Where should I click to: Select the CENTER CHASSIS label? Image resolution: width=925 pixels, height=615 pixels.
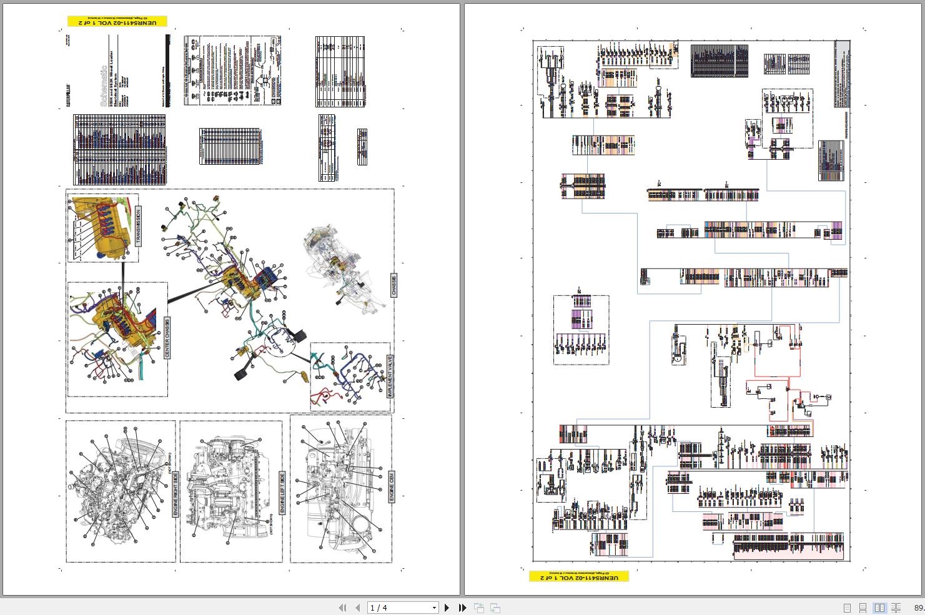167,338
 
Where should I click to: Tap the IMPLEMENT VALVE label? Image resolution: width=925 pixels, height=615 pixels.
388,377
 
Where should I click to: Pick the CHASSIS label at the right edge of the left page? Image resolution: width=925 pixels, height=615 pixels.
393,285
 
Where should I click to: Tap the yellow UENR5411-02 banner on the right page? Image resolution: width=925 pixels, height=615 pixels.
578,577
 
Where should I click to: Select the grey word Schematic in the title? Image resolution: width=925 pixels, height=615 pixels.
104,87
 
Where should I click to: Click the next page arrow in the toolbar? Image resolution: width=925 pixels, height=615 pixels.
447,608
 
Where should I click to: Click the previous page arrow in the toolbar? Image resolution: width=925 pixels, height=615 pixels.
357,608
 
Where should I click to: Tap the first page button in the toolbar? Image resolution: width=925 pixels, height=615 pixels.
342,608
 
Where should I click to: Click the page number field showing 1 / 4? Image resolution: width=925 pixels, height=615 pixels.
398,608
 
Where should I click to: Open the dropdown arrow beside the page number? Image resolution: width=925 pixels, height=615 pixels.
434,608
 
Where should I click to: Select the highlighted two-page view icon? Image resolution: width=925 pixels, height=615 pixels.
879,608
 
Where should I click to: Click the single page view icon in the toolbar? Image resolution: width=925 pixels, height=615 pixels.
847,608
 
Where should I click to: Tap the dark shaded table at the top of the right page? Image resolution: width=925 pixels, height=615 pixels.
719,61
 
